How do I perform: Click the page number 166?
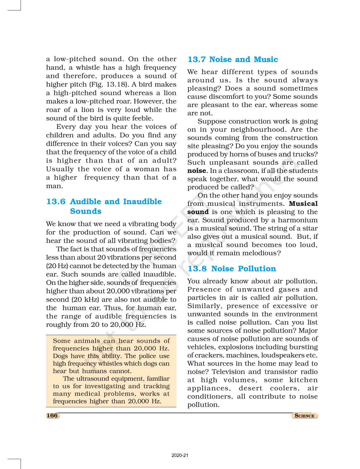click(x=52, y=415)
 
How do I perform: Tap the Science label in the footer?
click(x=304, y=416)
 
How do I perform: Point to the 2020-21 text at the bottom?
click(x=180, y=456)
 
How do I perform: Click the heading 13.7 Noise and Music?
click(x=233, y=60)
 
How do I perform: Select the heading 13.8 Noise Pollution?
click(x=232, y=269)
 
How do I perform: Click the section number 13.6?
click(x=56, y=202)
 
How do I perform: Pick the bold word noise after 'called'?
click(x=196, y=171)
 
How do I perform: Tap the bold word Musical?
click(x=303, y=204)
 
